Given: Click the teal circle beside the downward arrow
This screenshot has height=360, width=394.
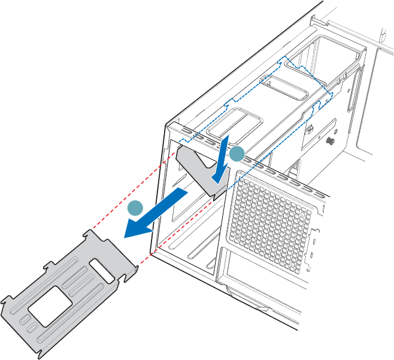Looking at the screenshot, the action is tap(237, 153).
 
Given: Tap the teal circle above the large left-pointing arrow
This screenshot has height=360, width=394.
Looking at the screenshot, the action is tap(135, 208).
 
